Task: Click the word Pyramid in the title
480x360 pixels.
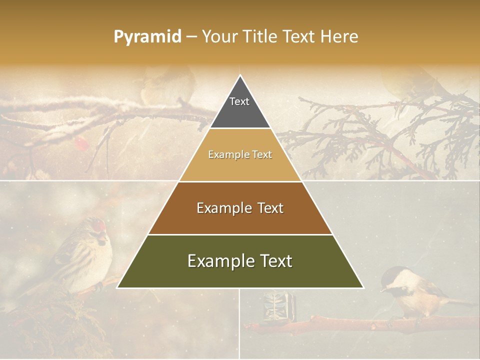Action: pyautogui.click(x=147, y=37)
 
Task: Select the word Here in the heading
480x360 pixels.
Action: pyautogui.click(x=339, y=37)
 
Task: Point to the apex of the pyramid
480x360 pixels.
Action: pyautogui.click(x=240, y=76)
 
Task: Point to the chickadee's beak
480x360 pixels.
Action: pyautogui.click(x=382, y=289)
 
